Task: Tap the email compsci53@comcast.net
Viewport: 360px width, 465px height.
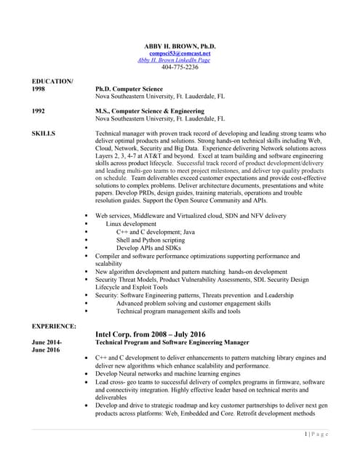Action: [x=179, y=53]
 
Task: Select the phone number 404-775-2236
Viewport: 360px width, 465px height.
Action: [x=179, y=67]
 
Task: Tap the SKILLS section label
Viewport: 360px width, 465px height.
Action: [x=44, y=134]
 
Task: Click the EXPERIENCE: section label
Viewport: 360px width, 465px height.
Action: [x=55, y=326]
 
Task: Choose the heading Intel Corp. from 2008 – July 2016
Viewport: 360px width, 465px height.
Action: [x=151, y=333]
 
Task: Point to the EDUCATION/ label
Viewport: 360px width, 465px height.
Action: [x=52, y=81]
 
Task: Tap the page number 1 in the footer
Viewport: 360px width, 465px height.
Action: [x=306, y=434]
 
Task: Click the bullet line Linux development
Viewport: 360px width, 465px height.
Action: [x=131, y=224]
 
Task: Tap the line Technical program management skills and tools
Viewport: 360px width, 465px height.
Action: [x=178, y=311]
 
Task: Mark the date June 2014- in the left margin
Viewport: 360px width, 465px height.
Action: [x=47, y=341]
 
